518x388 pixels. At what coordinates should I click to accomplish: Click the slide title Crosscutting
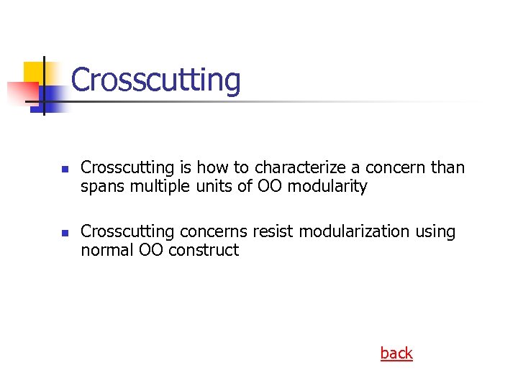(x=155, y=80)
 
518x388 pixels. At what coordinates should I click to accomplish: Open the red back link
(x=396, y=353)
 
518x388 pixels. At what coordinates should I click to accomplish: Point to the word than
(x=448, y=167)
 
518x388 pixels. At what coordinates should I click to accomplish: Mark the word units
(x=213, y=187)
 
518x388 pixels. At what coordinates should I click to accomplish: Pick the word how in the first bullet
(x=214, y=167)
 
